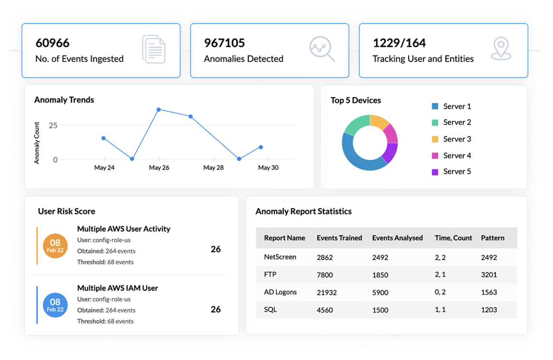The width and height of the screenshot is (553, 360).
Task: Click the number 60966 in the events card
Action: [x=52, y=43]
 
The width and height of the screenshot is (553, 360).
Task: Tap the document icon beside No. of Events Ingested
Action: [x=154, y=50]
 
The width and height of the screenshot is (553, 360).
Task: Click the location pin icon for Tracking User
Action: [x=501, y=48]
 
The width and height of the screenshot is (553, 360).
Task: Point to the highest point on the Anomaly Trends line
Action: [x=159, y=110]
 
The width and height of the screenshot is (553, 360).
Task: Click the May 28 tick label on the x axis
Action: [x=213, y=167]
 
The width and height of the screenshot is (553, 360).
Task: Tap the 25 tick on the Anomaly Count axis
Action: [x=53, y=126]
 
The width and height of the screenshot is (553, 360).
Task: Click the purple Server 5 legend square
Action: [x=435, y=172]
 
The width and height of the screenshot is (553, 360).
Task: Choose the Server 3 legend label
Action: [x=457, y=139]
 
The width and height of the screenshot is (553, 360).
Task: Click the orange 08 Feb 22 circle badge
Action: [x=55, y=246]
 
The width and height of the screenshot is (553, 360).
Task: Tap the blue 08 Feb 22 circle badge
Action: [x=55, y=305]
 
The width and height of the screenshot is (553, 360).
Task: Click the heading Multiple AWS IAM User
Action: [x=118, y=288]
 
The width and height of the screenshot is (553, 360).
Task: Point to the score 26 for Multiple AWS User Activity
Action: [x=216, y=249]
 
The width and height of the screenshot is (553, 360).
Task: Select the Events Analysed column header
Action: [x=397, y=238]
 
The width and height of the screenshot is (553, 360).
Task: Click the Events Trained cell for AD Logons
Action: [x=327, y=292]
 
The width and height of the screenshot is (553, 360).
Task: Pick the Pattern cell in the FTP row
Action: [x=489, y=275]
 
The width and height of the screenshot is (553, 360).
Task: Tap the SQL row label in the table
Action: [x=270, y=309]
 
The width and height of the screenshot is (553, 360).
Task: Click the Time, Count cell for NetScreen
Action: [x=440, y=257]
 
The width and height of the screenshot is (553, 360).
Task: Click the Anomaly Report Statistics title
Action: [x=303, y=212]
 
